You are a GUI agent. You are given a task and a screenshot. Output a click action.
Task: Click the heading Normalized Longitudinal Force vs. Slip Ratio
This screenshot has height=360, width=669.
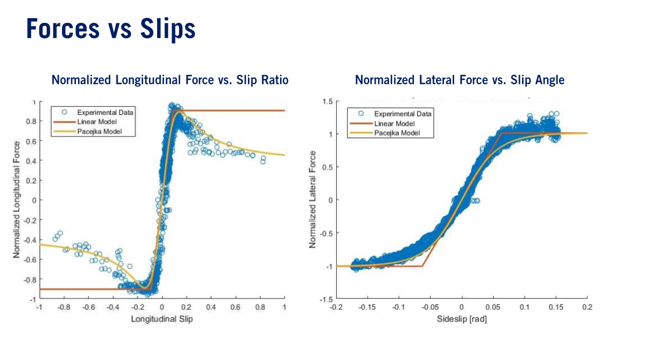170,80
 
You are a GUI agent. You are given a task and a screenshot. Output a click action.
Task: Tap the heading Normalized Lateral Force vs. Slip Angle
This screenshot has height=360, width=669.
460,80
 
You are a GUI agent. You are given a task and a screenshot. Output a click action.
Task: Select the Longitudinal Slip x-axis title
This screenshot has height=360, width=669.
162,319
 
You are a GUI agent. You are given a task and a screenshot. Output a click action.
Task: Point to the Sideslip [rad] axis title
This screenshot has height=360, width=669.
462,319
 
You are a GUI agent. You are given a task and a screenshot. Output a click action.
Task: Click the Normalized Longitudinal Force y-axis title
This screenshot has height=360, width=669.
17,199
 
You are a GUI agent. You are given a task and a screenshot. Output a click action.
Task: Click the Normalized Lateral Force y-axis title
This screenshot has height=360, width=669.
313,199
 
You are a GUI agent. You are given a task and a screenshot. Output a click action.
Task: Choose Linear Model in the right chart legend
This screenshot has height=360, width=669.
395,123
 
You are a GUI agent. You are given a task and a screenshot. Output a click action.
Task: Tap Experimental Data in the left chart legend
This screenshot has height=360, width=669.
105,112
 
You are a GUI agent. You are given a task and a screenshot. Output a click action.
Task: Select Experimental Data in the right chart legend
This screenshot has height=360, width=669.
402,114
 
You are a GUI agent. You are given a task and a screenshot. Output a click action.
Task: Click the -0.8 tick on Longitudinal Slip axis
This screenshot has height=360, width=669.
64,308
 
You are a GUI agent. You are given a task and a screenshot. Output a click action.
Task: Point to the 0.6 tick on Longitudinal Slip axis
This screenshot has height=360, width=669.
236,308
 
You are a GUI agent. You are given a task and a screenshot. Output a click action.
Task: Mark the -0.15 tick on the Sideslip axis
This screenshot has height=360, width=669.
368,308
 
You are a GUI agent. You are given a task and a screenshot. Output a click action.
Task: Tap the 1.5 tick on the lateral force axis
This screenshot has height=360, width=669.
326,101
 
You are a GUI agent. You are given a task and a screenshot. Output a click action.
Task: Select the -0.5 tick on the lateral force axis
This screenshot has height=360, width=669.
325,233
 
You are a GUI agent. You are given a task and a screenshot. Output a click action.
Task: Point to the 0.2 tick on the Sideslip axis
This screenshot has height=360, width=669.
587,308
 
